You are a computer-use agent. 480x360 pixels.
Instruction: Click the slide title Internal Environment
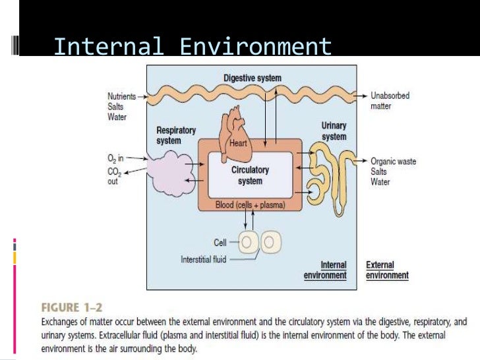pos(193,47)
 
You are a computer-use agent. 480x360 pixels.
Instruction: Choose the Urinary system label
pos(334,131)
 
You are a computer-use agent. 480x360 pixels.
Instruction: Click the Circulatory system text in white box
pos(250,175)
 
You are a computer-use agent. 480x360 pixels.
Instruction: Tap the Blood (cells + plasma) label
pos(251,205)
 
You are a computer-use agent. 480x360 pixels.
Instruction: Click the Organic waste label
pos(393,161)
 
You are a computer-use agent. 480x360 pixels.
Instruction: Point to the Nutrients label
pos(123,96)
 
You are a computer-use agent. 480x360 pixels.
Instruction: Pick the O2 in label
pos(115,158)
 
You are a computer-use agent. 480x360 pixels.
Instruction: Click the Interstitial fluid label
pos(204,260)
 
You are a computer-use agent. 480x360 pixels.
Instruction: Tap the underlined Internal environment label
pos(325,270)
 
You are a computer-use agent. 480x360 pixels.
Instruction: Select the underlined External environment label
pos(387,270)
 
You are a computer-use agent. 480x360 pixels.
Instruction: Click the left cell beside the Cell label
pos(249,243)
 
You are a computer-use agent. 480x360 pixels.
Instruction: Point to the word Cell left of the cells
pos(220,243)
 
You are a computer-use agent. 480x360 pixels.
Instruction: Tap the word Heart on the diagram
pos(237,142)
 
